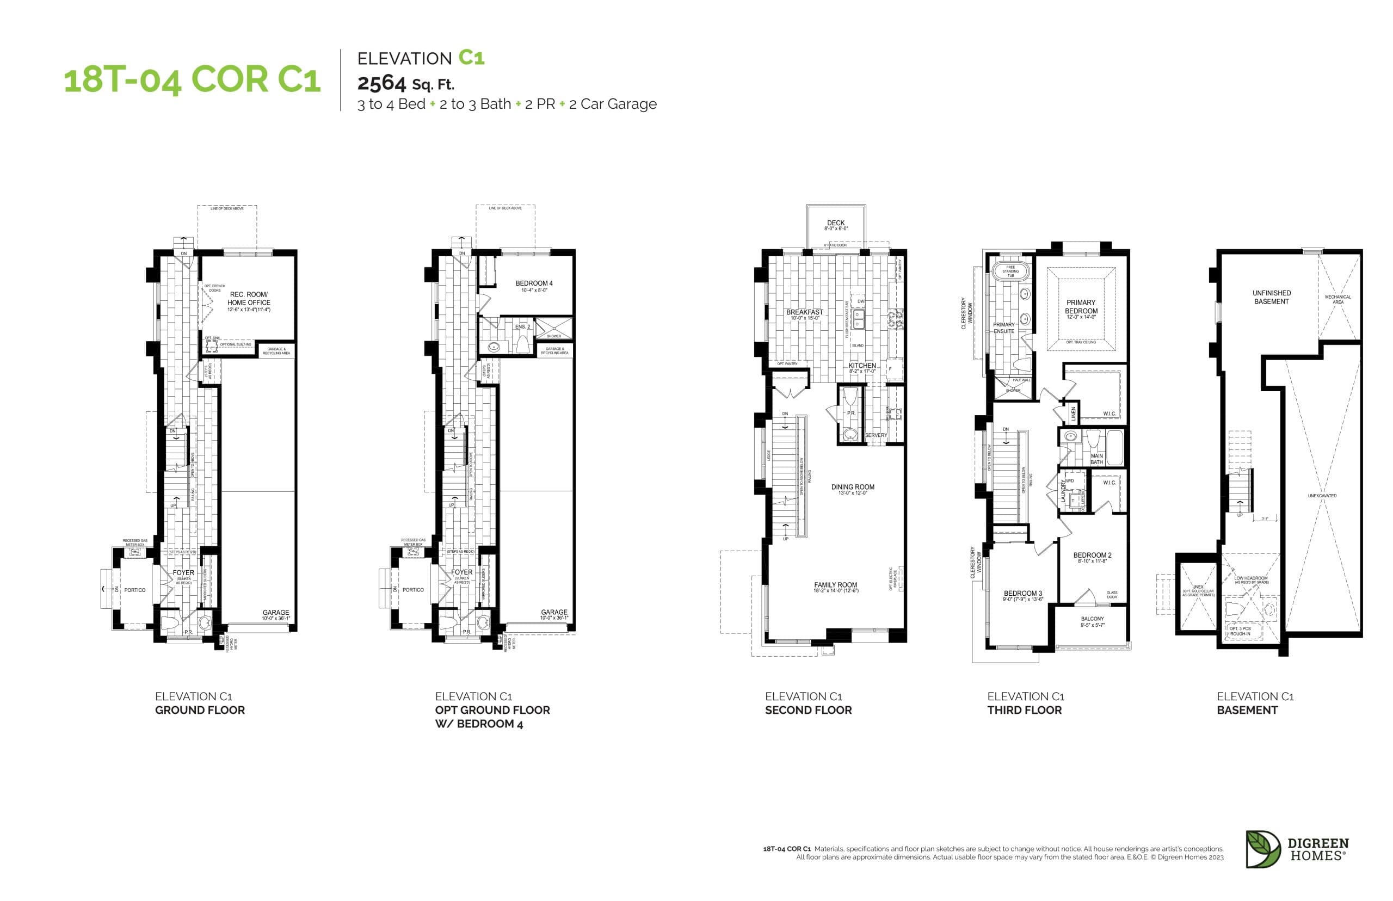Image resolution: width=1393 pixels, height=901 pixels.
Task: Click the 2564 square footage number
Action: pyautogui.click(x=381, y=84)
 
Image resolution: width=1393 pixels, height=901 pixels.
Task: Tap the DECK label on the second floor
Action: pyautogui.click(x=835, y=223)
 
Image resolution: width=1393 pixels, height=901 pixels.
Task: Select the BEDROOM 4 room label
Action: pyautogui.click(x=534, y=283)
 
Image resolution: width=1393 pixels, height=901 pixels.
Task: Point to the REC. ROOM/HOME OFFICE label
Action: pyautogui.click(x=249, y=299)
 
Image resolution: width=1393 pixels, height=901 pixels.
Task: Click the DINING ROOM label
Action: pyautogui.click(x=853, y=487)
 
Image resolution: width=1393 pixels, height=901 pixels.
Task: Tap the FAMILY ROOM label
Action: pyautogui.click(x=835, y=584)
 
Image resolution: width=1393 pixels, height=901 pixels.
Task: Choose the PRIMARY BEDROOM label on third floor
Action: pyautogui.click(x=1081, y=306)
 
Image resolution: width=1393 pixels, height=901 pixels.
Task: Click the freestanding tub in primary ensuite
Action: pyautogui.click(x=1010, y=271)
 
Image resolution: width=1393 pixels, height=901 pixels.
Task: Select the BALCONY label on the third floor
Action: pyautogui.click(x=1092, y=619)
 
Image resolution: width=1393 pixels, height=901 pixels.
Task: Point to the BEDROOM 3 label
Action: pyautogui.click(x=1022, y=593)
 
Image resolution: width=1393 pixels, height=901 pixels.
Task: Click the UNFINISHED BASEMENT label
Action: pyautogui.click(x=1271, y=297)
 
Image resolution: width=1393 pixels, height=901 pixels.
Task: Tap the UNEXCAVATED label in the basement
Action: pyautogui.click(x=1322, y=496)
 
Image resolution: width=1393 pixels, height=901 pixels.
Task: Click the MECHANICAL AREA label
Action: pyautogui.click(x=1337, y=299)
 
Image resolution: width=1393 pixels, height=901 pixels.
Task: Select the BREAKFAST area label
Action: pyautogui.click(x=804, y=312)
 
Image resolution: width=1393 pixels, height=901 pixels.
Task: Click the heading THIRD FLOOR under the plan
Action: pyautogui.click(x=1024, y=709)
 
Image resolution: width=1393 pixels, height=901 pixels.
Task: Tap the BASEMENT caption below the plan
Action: pyautogui.click(x=1247, y=709)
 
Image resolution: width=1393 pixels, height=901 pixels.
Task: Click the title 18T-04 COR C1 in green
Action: pyautogui.click(x=192, y=79)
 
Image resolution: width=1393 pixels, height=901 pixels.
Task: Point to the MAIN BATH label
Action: pyautogui.click(x=1096, y=459)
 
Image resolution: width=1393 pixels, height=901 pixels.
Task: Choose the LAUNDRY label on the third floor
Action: pyautogui.click(x=1064, y=490)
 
